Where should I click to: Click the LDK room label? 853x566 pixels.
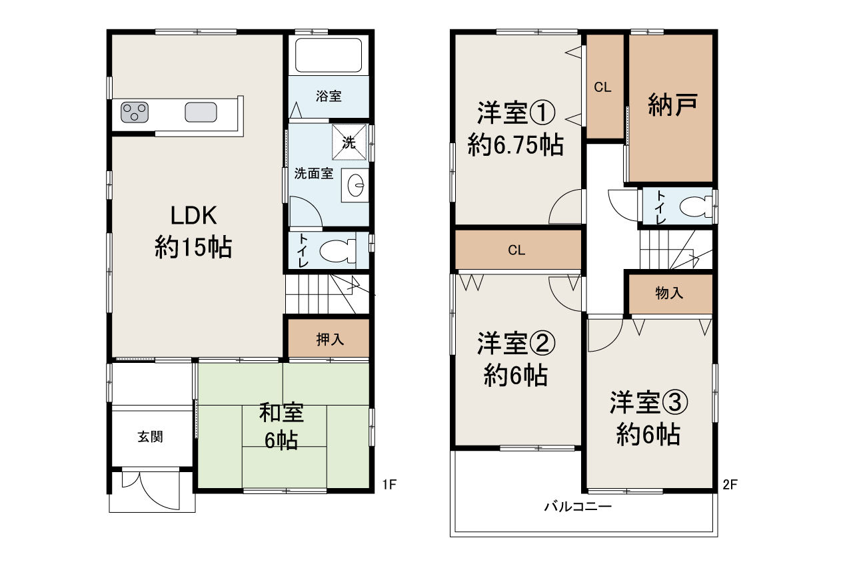click(x=193, y=216)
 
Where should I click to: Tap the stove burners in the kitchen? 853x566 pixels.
click(x=135, y=112)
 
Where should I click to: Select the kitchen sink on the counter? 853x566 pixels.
click(x=201, y=113)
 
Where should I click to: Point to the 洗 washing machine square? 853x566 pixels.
click(x=349, y=142)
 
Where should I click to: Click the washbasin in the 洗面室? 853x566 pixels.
click(x=355, y=184)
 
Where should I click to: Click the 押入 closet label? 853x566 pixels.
click(x=329, y=340)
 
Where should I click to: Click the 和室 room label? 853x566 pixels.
click(x=282, y=414)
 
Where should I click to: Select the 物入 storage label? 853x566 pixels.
click(x=669, y=294)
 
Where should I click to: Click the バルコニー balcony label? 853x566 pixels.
click(x=578, y=507)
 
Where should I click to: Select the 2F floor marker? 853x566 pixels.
click(x=730, y=485)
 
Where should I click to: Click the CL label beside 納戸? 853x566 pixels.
click(x=603, y=87)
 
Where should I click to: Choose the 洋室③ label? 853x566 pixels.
click(x=648, y=403)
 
